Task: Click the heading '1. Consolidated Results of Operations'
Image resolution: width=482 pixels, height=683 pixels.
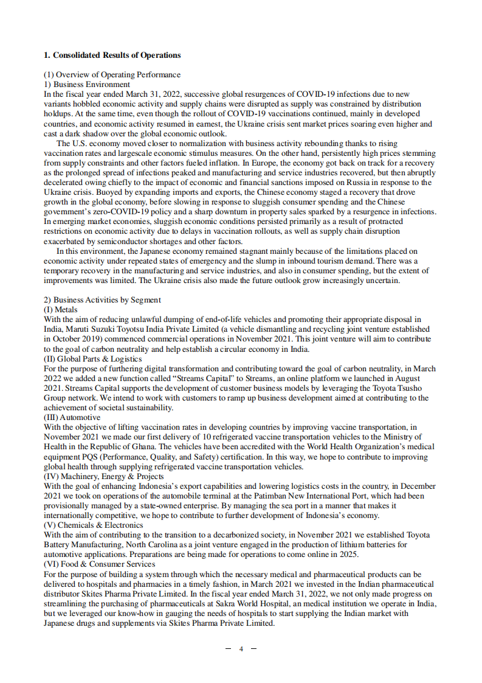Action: click(x=112, y=55)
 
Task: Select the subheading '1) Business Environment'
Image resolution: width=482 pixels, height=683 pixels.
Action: click(x=87, y=85)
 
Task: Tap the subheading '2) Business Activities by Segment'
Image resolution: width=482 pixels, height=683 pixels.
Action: click(x=102, y=299)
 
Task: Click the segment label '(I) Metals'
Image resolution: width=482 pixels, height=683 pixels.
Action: click(x=61, y=310)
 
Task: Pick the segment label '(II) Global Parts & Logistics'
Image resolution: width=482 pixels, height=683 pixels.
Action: click(x=92, y=359)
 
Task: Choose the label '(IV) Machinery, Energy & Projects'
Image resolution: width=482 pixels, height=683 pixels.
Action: click(x=104, y=476)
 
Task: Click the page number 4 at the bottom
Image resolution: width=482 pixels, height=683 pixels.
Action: click(x=241, y=648)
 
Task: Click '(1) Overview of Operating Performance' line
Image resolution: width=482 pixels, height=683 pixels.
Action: click(x=112, y=75)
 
